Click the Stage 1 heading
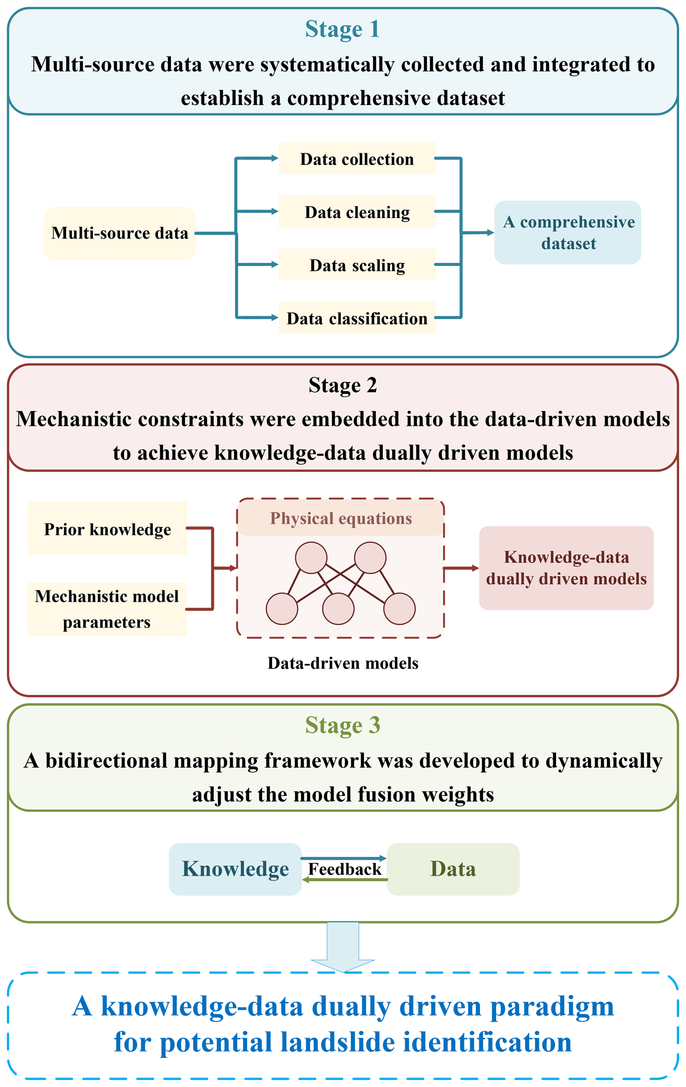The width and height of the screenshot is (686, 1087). tap(342, 29)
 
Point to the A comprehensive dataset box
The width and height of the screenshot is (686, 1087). tap(567, 232)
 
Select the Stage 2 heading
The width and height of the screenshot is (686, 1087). tap(343, 385)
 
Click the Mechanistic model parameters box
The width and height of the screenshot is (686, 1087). tap(107, 609)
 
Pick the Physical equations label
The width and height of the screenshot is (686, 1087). tap(341, 518)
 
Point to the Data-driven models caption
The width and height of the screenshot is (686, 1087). tap(343, 663)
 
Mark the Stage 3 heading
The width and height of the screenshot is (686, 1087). tap(342, 725)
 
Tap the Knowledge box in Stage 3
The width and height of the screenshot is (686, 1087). tap(235, 869)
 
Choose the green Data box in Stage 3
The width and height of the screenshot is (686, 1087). tap(453, 869)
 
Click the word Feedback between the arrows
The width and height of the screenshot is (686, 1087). tap(344, 869)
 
